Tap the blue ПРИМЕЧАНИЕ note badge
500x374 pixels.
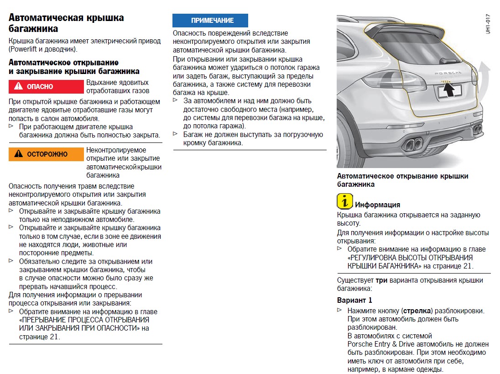pos(210,21)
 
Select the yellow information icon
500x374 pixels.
pos(345,201)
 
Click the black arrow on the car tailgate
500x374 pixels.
pos(449,91)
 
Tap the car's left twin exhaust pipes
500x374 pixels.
pos(413,144)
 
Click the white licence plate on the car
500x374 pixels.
pos(450,92)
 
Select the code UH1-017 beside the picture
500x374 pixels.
pos(488,24)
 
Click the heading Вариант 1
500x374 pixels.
pos(354,300)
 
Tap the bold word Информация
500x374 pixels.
pos(377,205)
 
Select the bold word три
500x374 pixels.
pos(381,280)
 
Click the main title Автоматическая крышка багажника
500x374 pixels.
pos(66,23)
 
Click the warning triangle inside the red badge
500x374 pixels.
pos(18,86)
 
